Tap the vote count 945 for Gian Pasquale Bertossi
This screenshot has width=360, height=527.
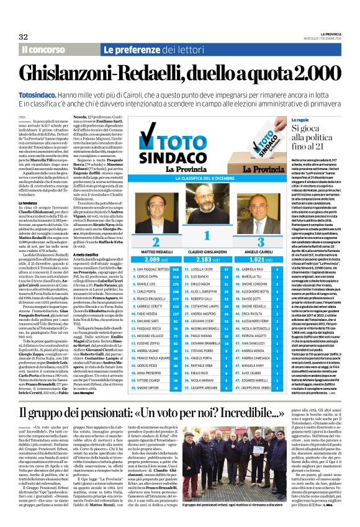click(x=176, y=269)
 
